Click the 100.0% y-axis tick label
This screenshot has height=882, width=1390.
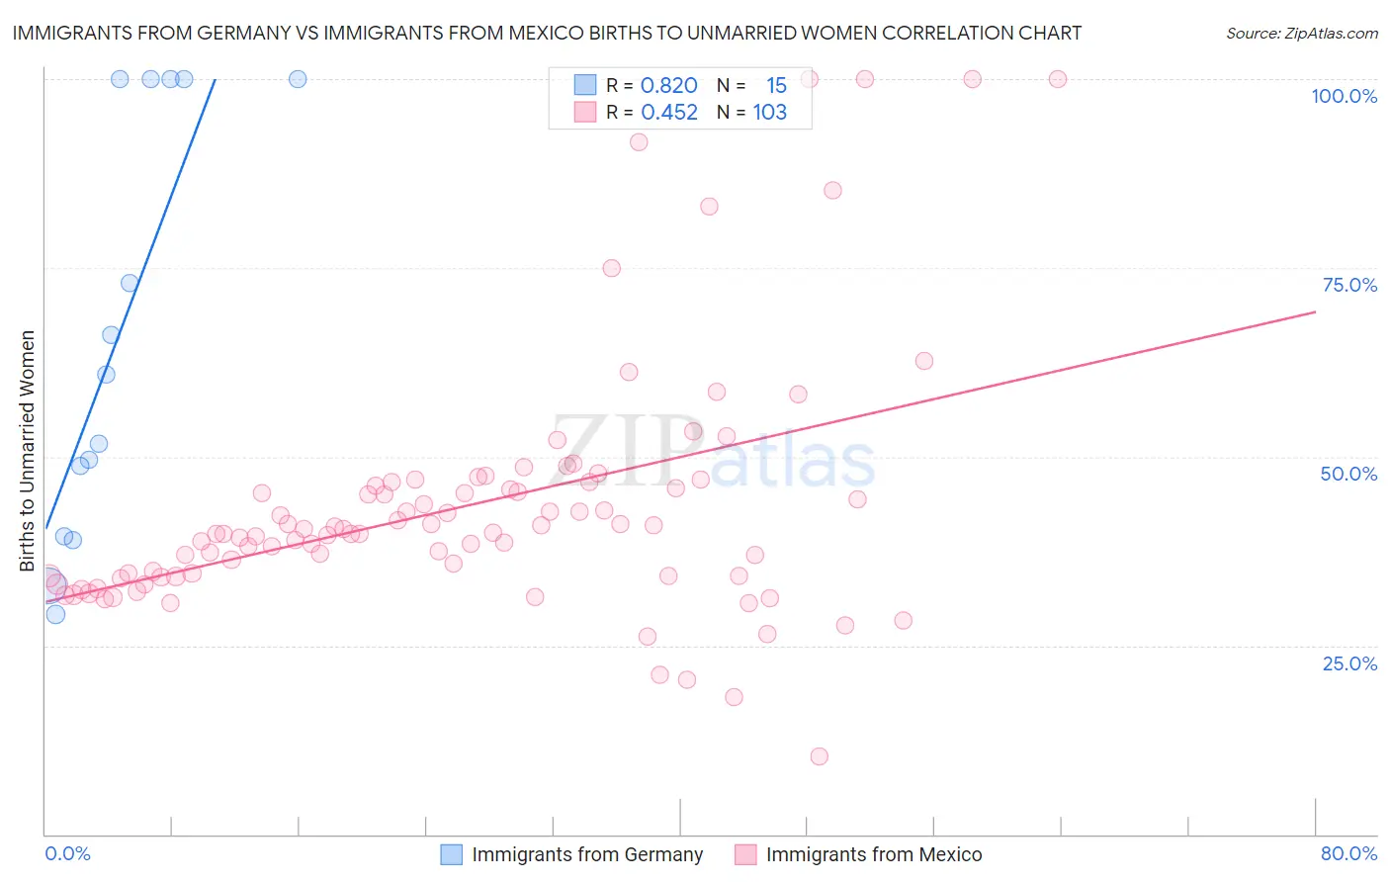point(1344,96)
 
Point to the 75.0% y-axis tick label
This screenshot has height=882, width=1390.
point(1349,285)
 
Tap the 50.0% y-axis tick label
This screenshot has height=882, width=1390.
point(1348,474)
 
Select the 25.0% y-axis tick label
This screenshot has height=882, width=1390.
point(1349,662)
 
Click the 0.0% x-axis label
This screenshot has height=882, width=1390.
point(67,853)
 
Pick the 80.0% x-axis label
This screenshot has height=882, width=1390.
point(1348,853)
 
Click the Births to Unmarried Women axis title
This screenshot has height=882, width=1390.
point(27,451)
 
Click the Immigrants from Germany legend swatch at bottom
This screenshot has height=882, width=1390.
point(452,854)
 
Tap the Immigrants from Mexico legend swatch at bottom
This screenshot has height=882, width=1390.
point(745,854)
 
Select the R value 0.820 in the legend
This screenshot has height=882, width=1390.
point(668,86)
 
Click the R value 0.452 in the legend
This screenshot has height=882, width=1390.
point(668,113)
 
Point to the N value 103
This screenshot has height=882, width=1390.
point(769,113)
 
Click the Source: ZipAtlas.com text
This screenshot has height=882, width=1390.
point(1301,34)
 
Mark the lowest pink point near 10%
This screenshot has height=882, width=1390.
point(819,756)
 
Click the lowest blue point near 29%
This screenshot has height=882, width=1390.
point(55,614)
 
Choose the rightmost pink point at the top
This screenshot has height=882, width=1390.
point(1057,79)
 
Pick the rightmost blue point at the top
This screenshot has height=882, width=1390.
point(298,79)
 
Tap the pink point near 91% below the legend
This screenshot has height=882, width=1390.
point(639,142)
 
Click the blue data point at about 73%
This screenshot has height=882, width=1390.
point(130,283)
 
